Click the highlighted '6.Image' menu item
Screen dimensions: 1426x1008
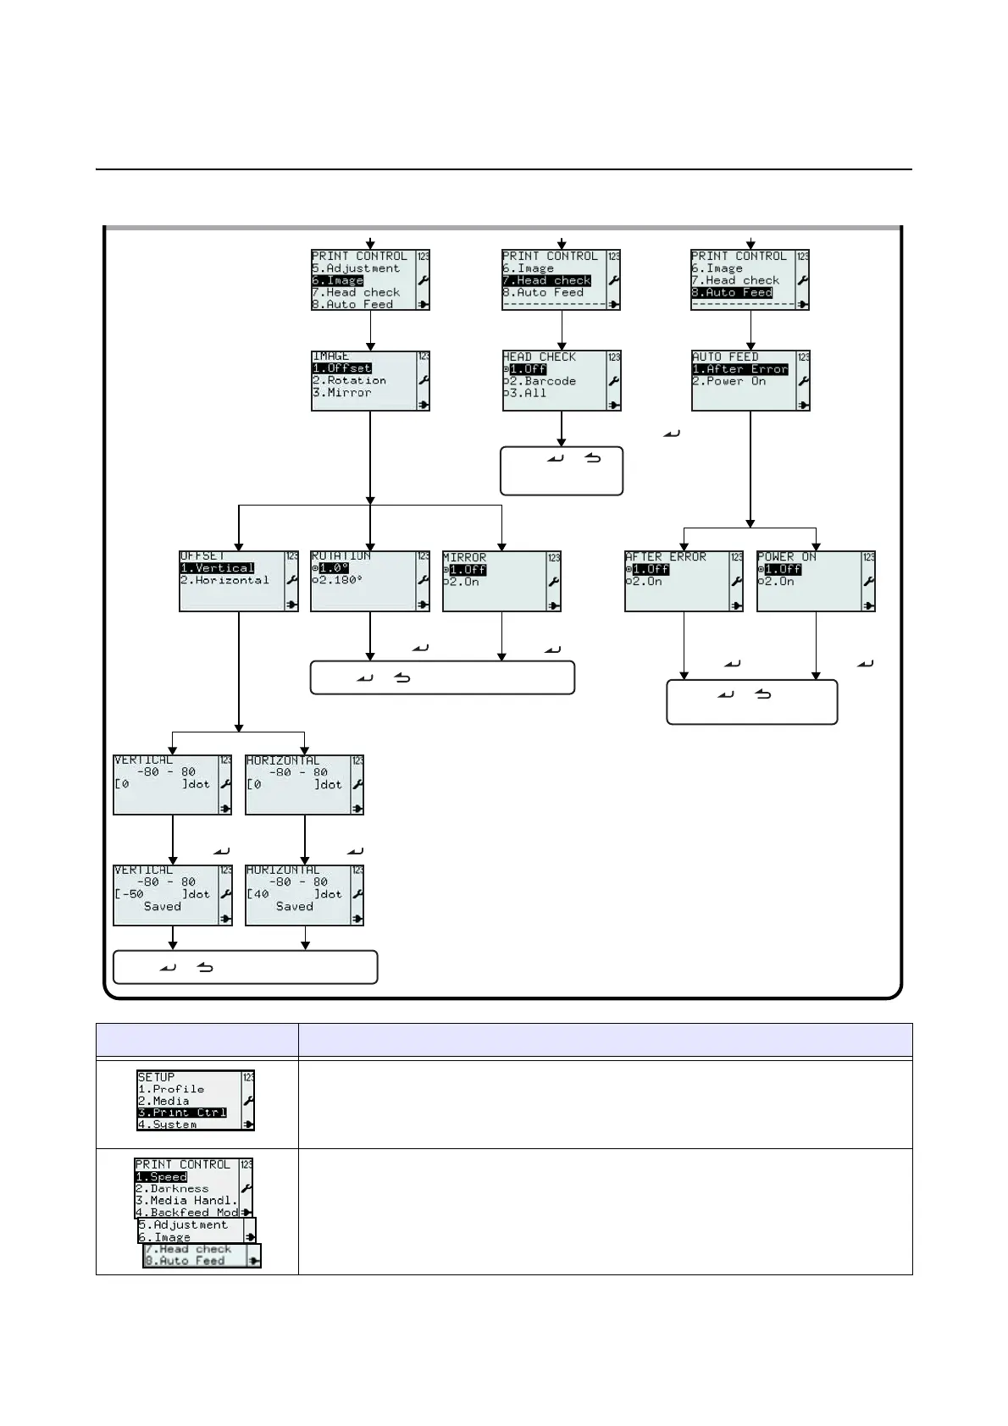pos(337,280)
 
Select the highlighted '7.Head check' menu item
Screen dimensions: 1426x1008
pos(546,280)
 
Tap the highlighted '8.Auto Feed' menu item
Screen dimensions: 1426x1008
pos(732,292)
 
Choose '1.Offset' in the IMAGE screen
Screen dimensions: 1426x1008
pos(342,368)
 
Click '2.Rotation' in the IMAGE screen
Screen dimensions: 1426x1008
pos(349,380)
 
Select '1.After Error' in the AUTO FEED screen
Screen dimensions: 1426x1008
pos(739,369)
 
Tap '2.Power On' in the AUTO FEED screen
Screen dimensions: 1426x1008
pos(728,381)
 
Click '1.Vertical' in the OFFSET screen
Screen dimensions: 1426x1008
pos(217,568)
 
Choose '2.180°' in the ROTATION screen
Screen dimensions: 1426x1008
pos(336,580)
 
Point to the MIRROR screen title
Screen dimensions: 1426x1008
pos(464,557)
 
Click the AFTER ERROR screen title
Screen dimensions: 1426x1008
pos(665,557)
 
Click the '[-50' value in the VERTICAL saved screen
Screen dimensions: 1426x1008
pos(130,894)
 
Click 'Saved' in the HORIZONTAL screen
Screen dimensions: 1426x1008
pos(294,906)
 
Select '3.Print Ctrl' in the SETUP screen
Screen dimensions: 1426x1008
pos(182,1113)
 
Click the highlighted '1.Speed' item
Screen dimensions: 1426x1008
pos(161,1177)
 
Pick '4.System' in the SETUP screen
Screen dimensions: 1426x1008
pos(168,1125)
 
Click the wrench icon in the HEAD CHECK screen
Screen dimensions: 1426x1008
pos(614,381)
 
